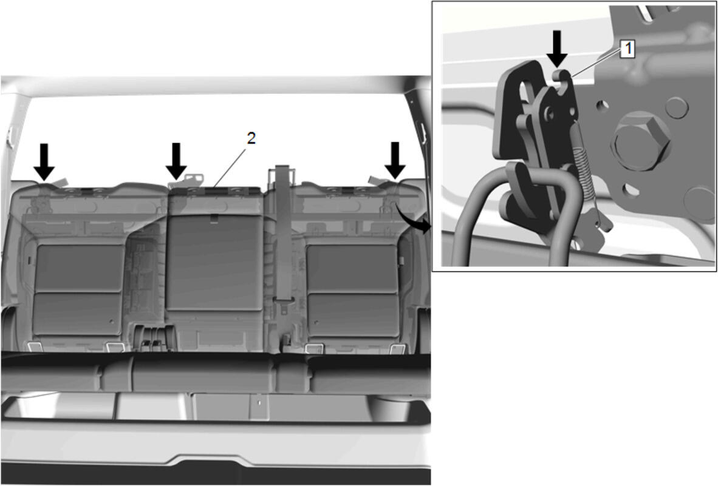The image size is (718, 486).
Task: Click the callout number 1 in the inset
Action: point(628,49)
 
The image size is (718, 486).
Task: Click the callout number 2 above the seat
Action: point(251,138)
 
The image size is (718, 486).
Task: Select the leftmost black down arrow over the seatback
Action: point(44,161)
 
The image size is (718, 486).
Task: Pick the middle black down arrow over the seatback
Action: point(176,161)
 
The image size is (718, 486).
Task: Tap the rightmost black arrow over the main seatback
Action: point(395,160)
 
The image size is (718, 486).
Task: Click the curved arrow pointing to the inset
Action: point(413,217)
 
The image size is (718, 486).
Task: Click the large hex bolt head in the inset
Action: point(640,141)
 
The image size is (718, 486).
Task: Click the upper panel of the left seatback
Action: point(79,268)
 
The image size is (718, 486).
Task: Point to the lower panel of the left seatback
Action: point(77,314)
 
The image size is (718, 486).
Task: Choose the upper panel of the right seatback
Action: point(352,268)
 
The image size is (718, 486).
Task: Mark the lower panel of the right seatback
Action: point(354,315)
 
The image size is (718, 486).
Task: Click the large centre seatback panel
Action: point(214,263)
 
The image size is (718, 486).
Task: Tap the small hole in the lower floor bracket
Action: point(259,403)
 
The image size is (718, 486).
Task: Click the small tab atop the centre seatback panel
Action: point(214,220)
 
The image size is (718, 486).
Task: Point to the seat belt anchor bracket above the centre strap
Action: point(282,174)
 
